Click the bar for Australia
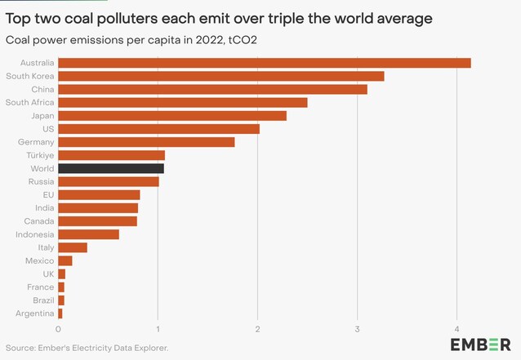[265, 63]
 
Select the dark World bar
[111, 168]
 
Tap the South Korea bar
[221, 76]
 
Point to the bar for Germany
[146, 142]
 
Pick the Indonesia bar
[89, 234]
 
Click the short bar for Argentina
[60, 313]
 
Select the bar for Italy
[73, 247]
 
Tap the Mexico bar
[65, 260]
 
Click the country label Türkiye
[40, 155]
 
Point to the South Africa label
[29, 102]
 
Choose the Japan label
[42, 116]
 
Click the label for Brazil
[43, 300]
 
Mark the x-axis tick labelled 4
[456, 329]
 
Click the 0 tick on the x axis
[58, 329]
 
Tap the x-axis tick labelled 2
[257, 329]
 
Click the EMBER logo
[480, 344]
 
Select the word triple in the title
[286, 19]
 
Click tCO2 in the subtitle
[243, 40]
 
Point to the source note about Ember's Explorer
[87, 348]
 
